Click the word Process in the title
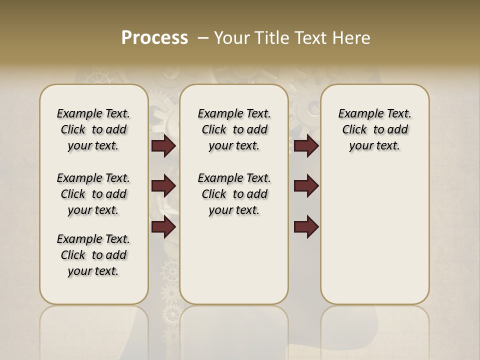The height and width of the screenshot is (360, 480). [154, 38]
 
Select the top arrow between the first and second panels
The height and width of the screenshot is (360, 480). [163, 146]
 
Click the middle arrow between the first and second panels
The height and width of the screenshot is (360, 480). [163, 186]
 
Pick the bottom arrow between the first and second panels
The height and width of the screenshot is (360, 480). [163, 227]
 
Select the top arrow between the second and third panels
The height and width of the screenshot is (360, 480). [306, 146]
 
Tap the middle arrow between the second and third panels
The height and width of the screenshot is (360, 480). [306, 186]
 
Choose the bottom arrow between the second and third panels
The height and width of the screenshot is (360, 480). [306, 227]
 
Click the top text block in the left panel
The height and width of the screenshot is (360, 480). [93, 129]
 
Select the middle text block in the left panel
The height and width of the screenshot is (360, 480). [93, 194]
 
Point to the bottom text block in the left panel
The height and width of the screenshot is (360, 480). [93, 255]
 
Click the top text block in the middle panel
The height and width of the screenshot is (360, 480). [234, 129]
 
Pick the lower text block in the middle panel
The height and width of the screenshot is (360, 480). [234, 194]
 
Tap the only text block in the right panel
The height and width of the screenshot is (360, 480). [375, 129]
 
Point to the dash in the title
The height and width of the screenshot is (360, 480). [203, 38]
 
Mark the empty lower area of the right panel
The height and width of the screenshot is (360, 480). [375, 235]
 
